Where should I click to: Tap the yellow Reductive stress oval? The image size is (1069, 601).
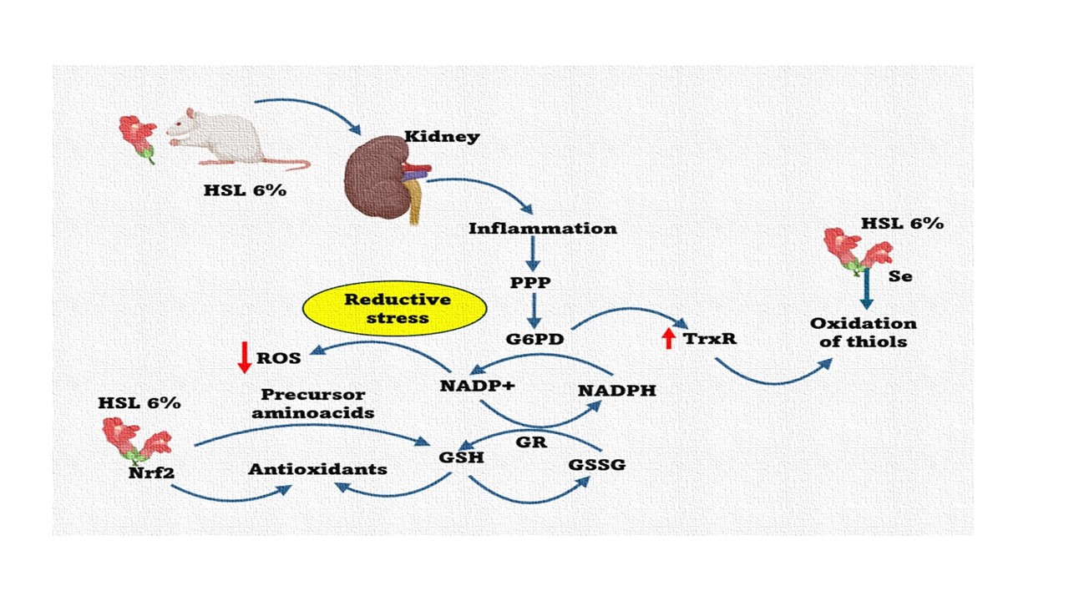coord(394,308)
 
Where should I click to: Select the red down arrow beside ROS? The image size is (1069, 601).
coord(244,357)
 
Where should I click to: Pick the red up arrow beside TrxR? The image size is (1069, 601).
coord(668,338)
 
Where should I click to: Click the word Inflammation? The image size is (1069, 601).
coord(543,228)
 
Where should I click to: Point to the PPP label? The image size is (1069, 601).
coord(531,283)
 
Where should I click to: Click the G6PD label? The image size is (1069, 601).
coord(534,339)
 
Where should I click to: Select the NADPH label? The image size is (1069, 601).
coord(616,390)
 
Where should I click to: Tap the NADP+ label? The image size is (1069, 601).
coord(478,386)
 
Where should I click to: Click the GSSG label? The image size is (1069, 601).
coord(596,464)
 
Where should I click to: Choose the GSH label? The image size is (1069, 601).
coord(461,457)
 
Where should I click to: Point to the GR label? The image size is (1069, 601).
coord(531,442)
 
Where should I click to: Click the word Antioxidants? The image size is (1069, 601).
coord(317,469)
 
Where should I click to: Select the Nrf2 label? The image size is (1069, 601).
coord(152,473)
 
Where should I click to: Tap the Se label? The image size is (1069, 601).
coord(900,276)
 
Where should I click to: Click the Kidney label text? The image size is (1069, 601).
coord(442,136)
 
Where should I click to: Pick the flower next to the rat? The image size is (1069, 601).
coord(138,137)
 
